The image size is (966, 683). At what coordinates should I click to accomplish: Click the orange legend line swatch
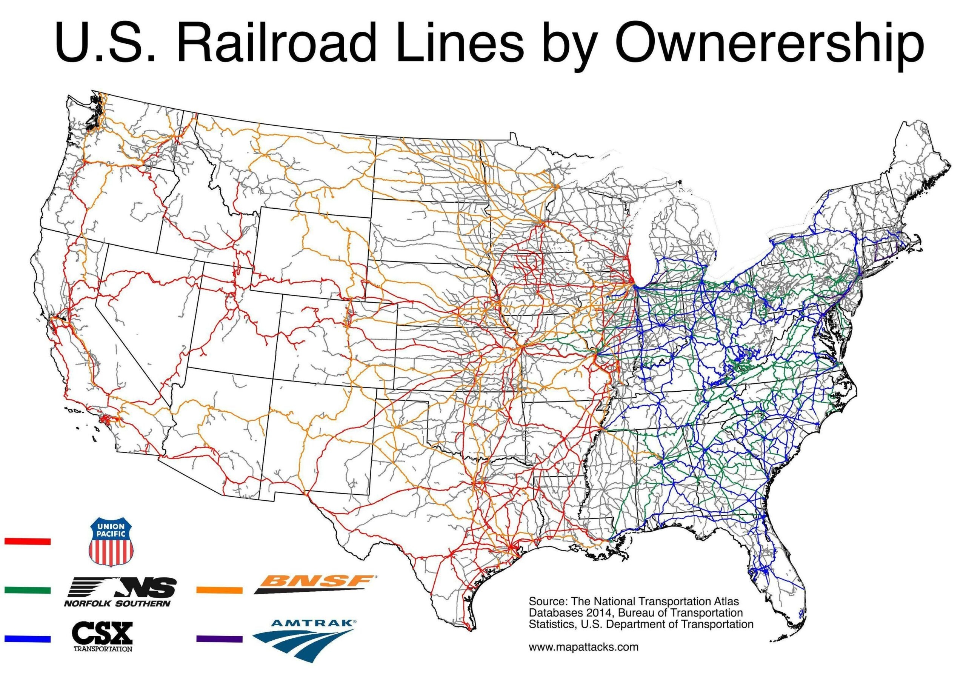click(x=220, y=590)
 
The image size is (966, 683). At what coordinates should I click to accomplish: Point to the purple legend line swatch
click(x=220, y=639)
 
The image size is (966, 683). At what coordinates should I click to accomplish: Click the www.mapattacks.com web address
click(x=583, y=658)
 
